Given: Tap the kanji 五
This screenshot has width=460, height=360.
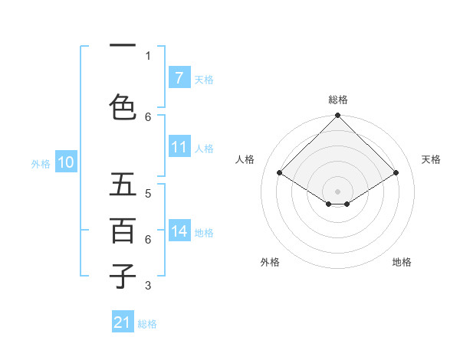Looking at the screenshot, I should [123, 185].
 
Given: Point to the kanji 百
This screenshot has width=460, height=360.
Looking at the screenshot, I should [123, 231].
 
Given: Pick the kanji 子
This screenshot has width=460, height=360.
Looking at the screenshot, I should [123, 277].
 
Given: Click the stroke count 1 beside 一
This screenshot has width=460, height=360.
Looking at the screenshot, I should [148, 55].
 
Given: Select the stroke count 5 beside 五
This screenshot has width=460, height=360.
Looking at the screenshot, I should [148, 193].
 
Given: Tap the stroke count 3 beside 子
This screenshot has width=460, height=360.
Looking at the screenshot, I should [148, 286].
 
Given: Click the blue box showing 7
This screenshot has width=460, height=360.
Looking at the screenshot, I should [179, 77].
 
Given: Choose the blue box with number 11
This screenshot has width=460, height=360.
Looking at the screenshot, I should [179, 147].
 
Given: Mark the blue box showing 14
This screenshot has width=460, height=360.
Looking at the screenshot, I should [179, 231].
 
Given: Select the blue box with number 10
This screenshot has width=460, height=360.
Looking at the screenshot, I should [66, 162].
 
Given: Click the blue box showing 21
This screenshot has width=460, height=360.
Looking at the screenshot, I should [123, 322].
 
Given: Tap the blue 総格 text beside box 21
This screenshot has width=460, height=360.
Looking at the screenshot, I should [147, 324].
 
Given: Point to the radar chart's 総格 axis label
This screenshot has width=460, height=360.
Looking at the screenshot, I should [337, 100].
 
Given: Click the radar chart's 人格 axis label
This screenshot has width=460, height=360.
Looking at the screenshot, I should [245, 159].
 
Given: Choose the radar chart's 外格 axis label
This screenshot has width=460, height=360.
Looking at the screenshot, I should [270, 262].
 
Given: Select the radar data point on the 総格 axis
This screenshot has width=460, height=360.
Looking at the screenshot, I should [337, 116].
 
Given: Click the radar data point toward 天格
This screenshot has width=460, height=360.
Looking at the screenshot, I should [396, 173].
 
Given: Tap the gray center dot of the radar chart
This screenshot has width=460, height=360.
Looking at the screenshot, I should [337, 191].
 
